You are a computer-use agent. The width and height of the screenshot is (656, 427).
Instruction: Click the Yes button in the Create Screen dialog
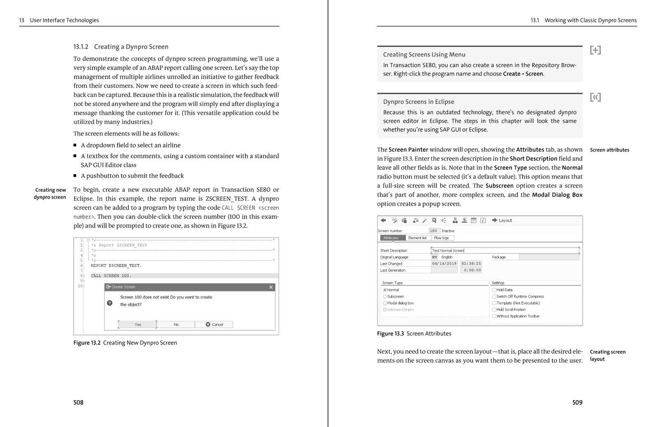tap(137, 325)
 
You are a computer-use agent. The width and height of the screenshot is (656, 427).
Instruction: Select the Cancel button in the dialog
tap(214, 325)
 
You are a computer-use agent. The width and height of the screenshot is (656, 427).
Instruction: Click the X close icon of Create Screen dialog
tap(271, 287)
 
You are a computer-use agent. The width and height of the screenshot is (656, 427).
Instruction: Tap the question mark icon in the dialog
tap(110, 303)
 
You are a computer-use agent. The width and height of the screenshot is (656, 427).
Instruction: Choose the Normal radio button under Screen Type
tap(385, 290)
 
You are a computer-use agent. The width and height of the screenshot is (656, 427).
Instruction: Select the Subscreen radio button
tap(385, 297)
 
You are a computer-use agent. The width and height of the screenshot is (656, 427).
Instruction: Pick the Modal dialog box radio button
tap(385, 303)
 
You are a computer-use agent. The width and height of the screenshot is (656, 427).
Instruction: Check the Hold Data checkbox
tap(494, 290)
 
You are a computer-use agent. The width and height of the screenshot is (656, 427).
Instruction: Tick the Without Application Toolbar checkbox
tap(494, 316)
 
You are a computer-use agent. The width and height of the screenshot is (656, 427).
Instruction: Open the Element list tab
tap(417, 238)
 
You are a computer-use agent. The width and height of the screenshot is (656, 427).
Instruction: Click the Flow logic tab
tap(442, 238)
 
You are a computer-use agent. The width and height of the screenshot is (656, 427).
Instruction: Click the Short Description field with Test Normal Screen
tap(504, 250)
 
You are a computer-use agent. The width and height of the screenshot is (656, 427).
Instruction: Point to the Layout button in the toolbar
tap(502, 220)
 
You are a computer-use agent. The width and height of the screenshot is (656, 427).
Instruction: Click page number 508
tap(78, 402)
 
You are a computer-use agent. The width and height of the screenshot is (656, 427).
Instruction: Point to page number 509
tap(577, 402)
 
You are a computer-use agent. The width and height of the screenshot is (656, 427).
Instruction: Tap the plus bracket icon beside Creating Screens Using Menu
tap(595, 50)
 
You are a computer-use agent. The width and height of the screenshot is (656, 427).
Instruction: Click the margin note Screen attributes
tap(609, 150)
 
